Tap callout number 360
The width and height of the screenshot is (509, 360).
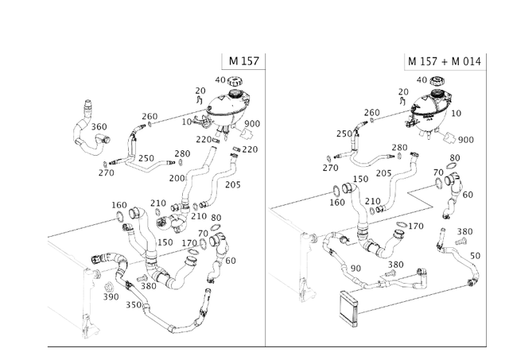click(99, 127)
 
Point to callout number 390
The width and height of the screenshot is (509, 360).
click(111, 296)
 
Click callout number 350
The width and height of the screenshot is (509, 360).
click(134, 304)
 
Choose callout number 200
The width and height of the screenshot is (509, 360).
click(177, 178)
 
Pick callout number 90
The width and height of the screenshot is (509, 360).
click(356, 269)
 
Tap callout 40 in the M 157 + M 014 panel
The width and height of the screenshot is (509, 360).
click(422, 80)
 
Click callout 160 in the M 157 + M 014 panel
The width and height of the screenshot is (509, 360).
click(337, 203)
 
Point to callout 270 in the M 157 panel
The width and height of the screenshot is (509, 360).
click(107, 172)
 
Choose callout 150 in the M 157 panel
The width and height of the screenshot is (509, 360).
click(165, 242)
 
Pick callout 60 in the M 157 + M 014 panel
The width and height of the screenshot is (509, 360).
click(468, 195)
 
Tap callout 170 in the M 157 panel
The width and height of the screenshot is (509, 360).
click(189, 243)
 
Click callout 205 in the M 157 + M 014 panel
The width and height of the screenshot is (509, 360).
click(383, 172)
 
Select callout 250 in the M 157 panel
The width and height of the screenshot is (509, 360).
click(146, 158)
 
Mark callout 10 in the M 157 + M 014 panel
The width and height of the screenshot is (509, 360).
click(456, 114)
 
